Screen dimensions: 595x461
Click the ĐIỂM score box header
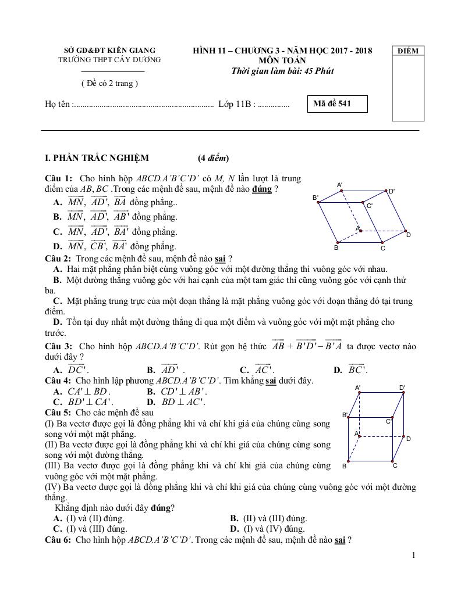click(408, 51)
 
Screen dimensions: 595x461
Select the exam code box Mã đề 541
click(337, 104)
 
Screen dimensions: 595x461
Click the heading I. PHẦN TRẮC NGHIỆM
click(97, 158)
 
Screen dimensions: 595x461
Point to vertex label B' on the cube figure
click(345, 415)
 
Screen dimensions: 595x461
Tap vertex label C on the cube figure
click(395, 465)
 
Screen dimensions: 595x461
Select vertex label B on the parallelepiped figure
click(336, 248)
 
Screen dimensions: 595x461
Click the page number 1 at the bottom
click(413, 555)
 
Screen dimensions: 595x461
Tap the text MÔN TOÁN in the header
click(282, 60)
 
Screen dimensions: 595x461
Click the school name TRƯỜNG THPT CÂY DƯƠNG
click(110, 59)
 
